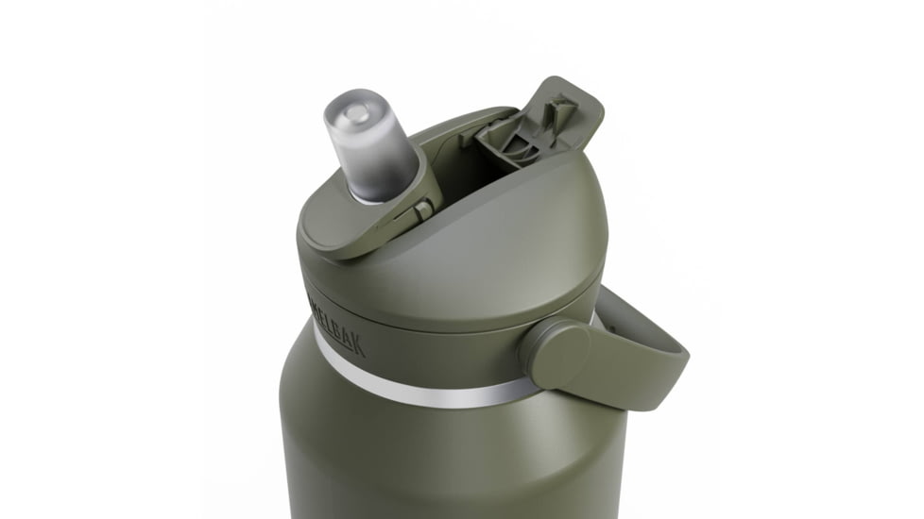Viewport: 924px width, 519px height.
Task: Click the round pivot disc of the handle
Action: tap(556, 353)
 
